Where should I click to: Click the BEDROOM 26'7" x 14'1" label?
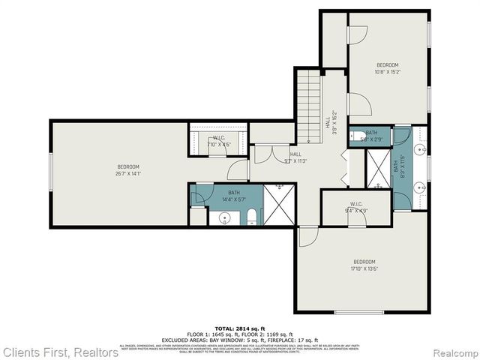coord(128,170)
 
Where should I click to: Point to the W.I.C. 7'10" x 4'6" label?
coord(218,141)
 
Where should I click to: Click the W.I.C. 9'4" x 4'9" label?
coord(356,208)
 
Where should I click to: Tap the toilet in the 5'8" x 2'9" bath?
coord(357,136)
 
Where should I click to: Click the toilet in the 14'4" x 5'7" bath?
coord(253,218)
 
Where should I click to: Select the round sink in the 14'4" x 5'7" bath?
coord(223,218)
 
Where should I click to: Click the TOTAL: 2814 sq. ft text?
coord(239,328)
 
